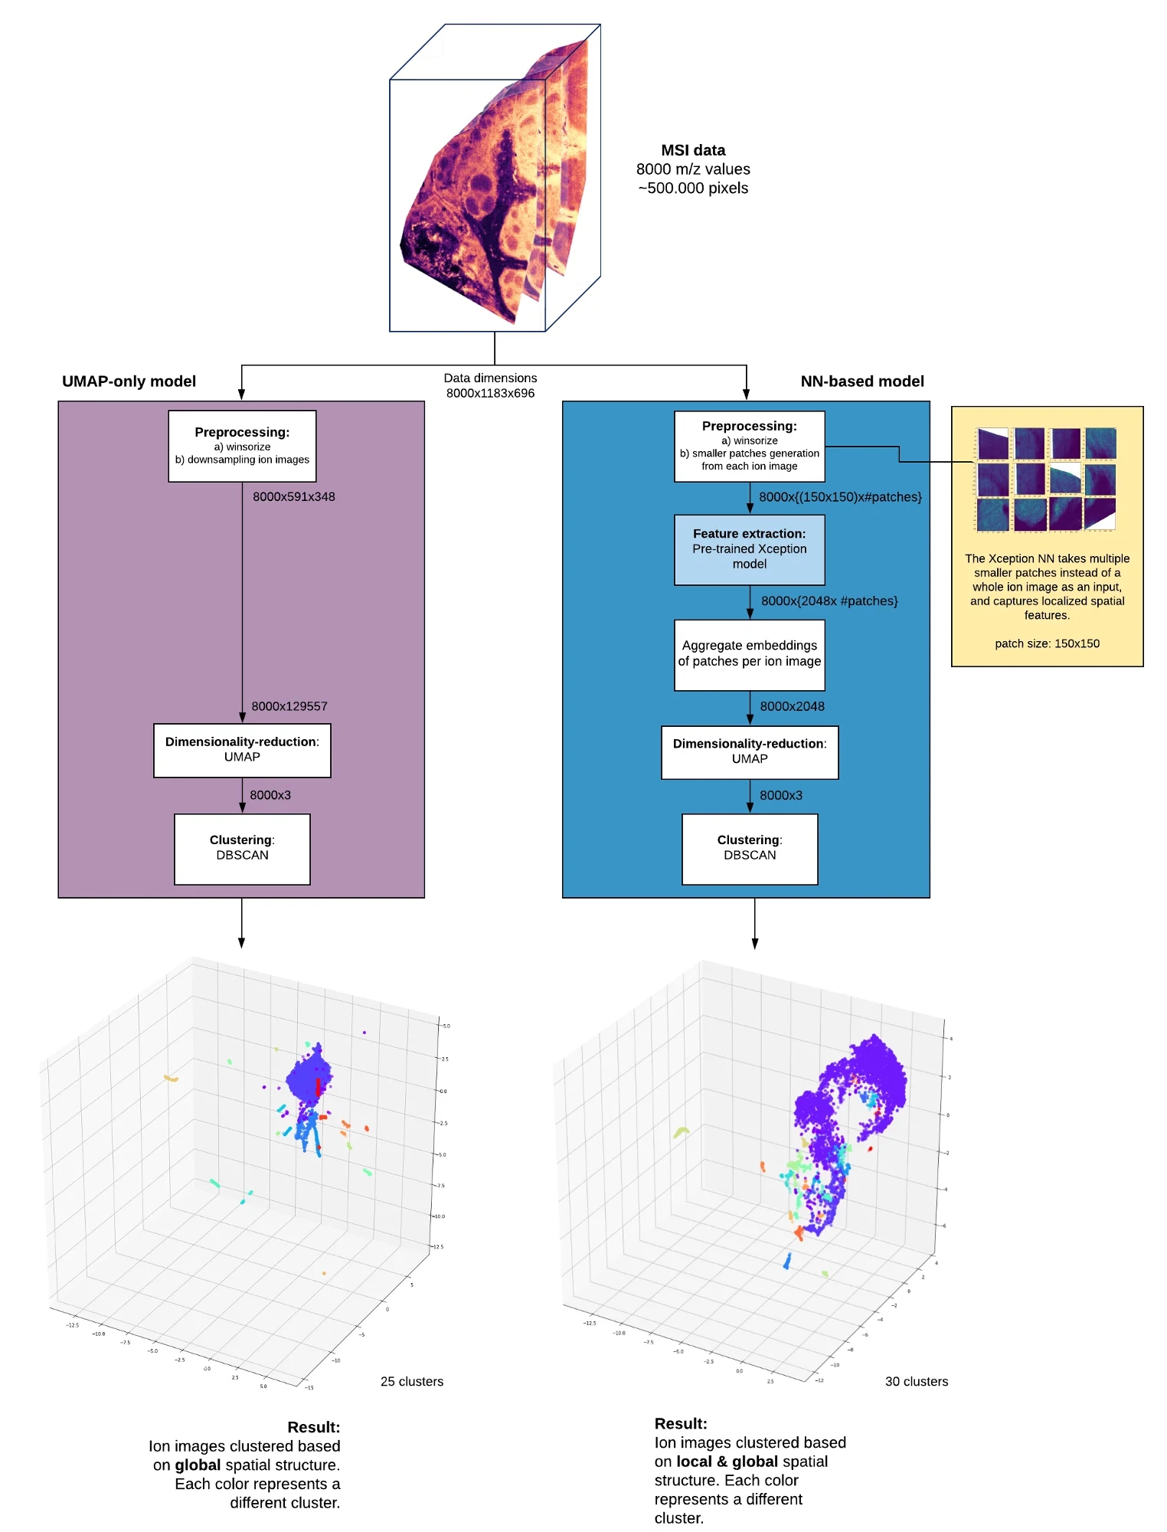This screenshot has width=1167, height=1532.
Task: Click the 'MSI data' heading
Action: (x=693, y=150)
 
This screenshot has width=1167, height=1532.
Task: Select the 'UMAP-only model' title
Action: (x=129, y=381)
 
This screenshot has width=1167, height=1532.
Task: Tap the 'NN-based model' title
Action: (x=862, y=381)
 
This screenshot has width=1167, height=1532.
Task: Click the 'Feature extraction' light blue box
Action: (x=749, y=549)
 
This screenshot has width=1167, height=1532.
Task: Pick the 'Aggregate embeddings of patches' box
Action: (x=749, y=654)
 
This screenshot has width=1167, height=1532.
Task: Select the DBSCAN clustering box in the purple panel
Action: (x=242, y=849)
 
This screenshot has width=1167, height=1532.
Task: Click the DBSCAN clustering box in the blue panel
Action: (x=750, y=849)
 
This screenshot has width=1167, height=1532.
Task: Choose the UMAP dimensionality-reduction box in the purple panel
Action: (x=242, y=750)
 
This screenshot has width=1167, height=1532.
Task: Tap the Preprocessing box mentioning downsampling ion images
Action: (x=242, y=446)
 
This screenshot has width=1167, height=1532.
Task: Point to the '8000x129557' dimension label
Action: (x=289, y=706)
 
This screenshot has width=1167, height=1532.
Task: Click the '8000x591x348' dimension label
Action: (x=294, y=496)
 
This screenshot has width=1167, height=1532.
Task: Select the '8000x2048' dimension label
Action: (x=792, y=706)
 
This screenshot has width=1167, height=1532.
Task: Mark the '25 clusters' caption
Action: (x=412, y=1381)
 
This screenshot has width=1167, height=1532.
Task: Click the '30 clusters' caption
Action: (x=917, y=1381)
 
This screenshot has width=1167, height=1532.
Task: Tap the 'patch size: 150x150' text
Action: (x=1047, y=643)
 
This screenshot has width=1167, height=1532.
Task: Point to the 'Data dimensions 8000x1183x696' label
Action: (x=490, y=385)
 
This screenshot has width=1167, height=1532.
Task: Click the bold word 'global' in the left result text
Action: (x=198, y=1465)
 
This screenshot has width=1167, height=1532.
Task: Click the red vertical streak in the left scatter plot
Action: (x=318, y=1087)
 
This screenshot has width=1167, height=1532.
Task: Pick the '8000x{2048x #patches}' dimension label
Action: (x=829, y=601)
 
